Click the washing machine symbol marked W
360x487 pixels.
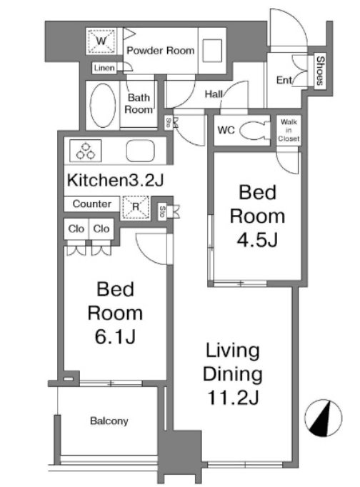[x=101, y=41]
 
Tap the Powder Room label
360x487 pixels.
[x=161, y=50]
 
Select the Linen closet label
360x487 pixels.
[x=104, y=68]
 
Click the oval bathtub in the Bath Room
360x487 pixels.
[x=103, y=105]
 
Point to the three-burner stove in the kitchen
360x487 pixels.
[x=86, y=151]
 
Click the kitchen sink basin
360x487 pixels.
[x=141, y=151]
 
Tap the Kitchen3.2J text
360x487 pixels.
[x=115, y=180]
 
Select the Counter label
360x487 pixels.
[x=91, y=204]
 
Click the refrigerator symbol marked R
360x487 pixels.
[x=136, y=207]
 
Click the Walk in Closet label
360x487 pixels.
[x=289, y=130]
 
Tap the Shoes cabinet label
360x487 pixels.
[x=320, y=71]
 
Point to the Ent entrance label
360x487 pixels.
[x=284, y=80]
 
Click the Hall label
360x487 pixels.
[x=214, y=94]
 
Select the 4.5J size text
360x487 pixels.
[x=257, y=239]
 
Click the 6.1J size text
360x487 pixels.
[x=115, y=336]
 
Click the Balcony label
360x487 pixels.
[x=109, y=421]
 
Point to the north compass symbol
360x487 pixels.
[x=323, y=418]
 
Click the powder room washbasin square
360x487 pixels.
[x=212, y=51]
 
